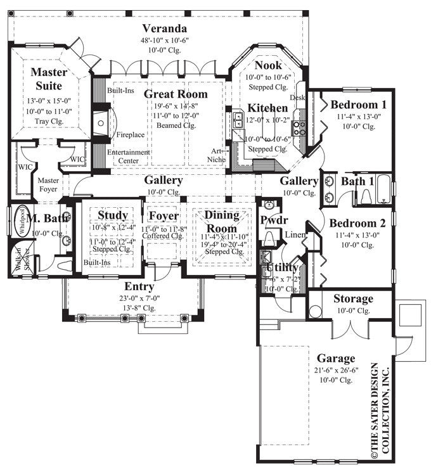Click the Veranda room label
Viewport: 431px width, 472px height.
pos(164,29)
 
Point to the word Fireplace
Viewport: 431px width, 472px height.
pos(130,135)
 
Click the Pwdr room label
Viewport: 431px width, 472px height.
pos(274,220)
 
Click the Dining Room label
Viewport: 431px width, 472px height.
pos(222,222)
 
